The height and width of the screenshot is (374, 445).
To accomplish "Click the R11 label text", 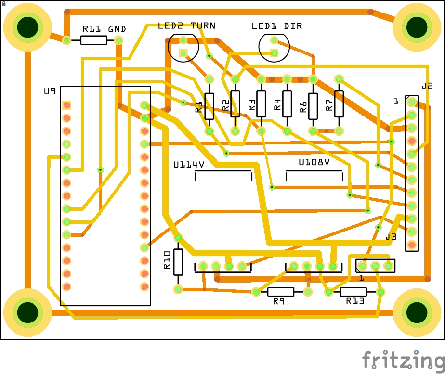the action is pyautogui.click(x=92, y=29).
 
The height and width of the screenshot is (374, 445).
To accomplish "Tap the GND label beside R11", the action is pyautogui.click(x=117, y=29).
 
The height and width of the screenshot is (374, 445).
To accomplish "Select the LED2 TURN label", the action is pyautogui.click(x=186, y=26).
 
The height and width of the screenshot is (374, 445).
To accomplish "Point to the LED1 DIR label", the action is pyautogui.click(x=277, y=26).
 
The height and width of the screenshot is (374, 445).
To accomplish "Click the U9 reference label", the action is pyautogui.click(x=50, y=91).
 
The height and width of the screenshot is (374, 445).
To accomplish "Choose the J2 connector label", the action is pyautogui.click(x=427, y=86).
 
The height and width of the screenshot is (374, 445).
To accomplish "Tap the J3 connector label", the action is pyautogui.click(x=391, y=237).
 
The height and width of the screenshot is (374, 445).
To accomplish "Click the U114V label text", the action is pyautogui.click(x=189, y=165).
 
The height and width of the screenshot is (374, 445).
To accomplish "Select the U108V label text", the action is pyautogui.click(x=314, y=162).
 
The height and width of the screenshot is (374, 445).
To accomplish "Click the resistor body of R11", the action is pyautogui.click(x=93, y=40).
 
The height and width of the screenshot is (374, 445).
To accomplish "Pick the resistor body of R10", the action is pyautogui.click(x=178, y=262).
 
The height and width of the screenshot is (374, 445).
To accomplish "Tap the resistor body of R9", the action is pyautogui.click(x=281, y=292).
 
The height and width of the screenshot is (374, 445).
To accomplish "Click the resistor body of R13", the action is pyautogui.click(x=353, y=292).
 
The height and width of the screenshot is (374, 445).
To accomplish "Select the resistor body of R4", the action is pyautogui.click(x=287, y=104).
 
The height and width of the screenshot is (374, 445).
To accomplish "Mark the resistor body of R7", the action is pyautogui.click(x=339, y=104).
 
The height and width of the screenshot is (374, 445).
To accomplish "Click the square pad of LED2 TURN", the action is pyautogui.click(x=183, y=53).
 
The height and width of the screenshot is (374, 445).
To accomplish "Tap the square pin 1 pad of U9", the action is pyautogui.click(x=66, y=105).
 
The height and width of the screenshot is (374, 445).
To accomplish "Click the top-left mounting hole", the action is pyautogui.click(x=27, y=27).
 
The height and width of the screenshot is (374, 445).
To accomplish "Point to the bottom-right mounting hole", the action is pyautogui.click(x=417, y=312).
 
